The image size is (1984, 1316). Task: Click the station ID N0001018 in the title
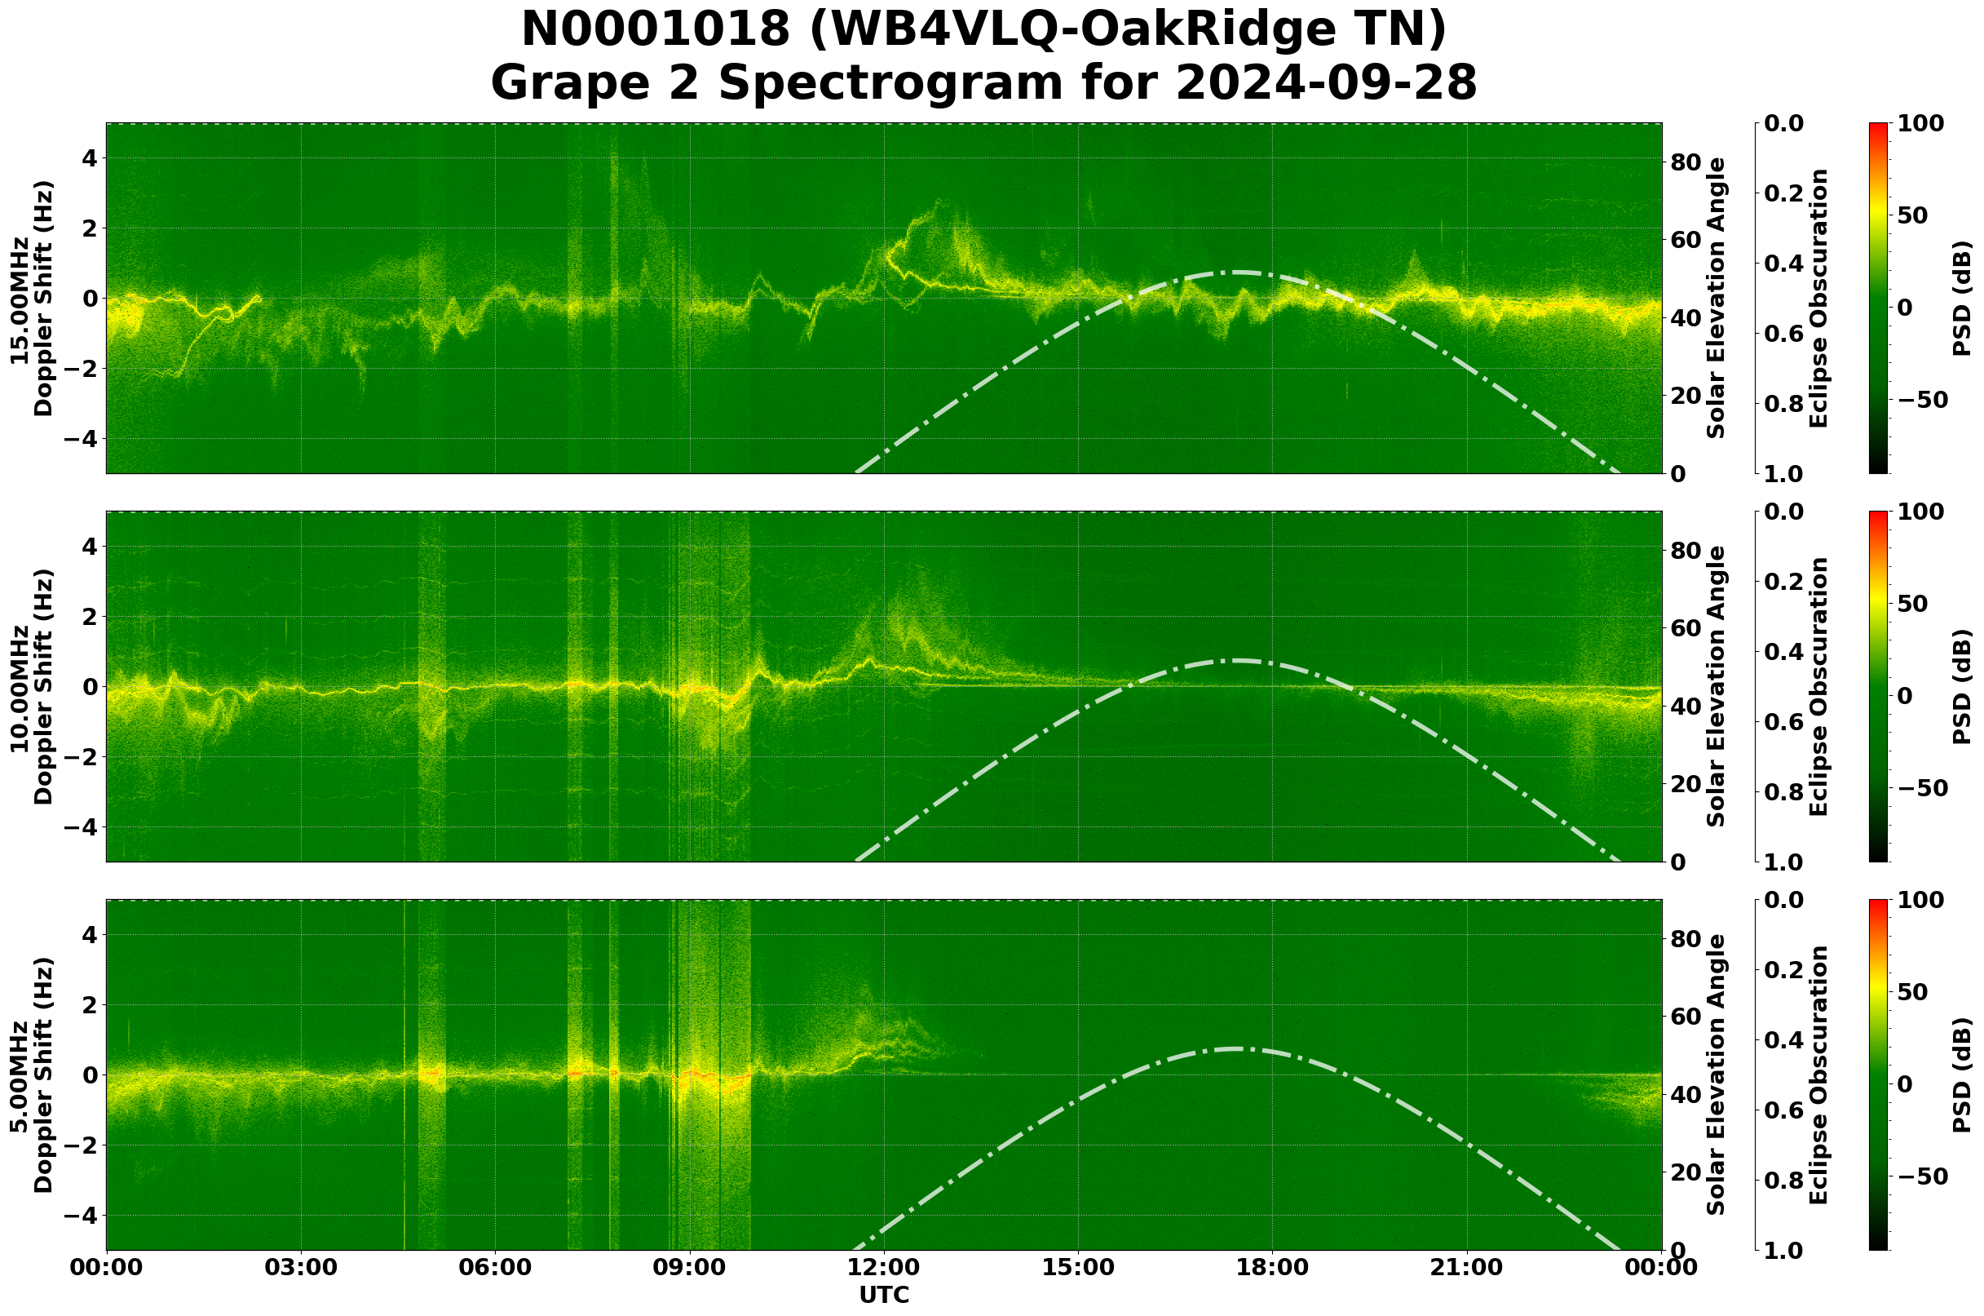pyautogui.click(x=656, y=31)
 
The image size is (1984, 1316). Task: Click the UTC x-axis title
pyautogui.click(x=883, y=1295)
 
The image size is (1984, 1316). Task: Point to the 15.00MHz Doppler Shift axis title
pyautogui.click(x=32, y=299)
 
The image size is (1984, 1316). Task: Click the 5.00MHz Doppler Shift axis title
pyautogui.click(x=32, y=1075)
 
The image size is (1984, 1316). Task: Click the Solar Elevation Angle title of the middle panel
pyautogui.click(x=1717, y=686)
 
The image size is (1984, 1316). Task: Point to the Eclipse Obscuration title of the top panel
pyautogui.click(x=1818, y=299)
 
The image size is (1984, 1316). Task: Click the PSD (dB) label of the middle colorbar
pyautogui.click(x=1961, y=686)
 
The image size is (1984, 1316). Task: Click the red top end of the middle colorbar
pyautogui.click(x=1878, y=515)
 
